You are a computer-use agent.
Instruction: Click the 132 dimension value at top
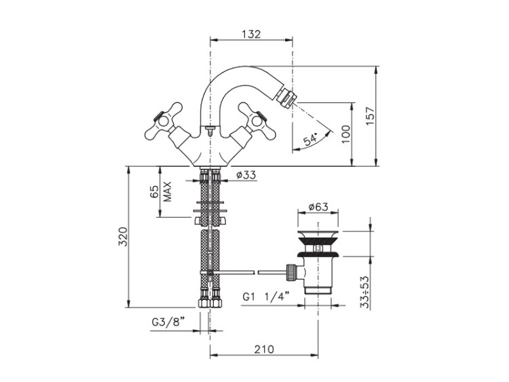[x=251, y=34]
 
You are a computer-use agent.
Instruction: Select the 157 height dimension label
[x=370, y=116]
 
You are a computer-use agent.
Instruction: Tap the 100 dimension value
[x=346, y=134]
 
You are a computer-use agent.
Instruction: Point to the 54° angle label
[x=310, y=139]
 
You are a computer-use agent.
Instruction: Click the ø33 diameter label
[x=246, y=175]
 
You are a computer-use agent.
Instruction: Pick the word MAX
[x=167, y=191]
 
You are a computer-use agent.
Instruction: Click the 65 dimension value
[x=154, y=191]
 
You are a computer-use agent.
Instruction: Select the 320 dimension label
[x=123, y=236]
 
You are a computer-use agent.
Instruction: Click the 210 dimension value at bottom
[x=264, y=349]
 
